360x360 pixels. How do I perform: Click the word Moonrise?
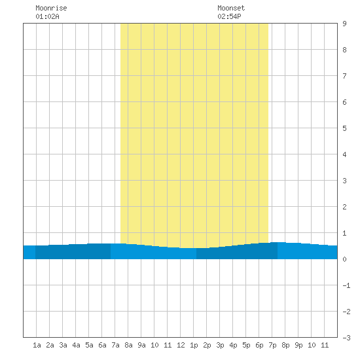[x=51, y=8]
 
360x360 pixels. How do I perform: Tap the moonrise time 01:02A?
[x=47, y=16]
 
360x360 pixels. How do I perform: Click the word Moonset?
[x=231, y=8]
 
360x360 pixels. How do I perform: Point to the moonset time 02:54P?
[x=229, y=16]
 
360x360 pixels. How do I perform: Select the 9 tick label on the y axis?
[x=344, y=24]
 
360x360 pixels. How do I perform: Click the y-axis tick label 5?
[x=344, y=128]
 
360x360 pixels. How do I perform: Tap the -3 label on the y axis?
[x=346, y=338]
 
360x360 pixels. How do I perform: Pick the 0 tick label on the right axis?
[x=344, y=259]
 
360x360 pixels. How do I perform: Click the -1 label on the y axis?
[x=346, y=285]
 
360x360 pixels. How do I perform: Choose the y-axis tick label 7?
[x=344, y=76]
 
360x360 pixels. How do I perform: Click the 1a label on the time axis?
[x=37, y=345]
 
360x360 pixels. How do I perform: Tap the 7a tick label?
[x=115, y=345]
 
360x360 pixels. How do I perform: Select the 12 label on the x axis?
[x=181, y=345]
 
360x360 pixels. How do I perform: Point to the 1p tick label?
[x=194, y=345]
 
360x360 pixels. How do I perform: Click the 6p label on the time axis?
[x=259, y=345]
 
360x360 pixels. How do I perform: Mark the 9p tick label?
[x=298, y=345]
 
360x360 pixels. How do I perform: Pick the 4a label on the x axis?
[x=76, y=345]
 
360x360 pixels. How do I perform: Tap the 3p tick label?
[x=220, y=345]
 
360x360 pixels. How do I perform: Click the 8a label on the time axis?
[x=128, y=345]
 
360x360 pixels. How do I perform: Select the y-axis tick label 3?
[x=344, y=181]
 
